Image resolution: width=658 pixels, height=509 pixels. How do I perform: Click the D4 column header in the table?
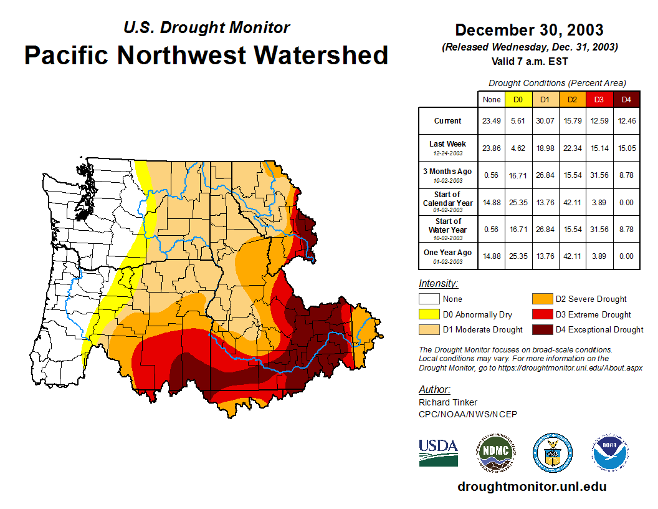(626, 99)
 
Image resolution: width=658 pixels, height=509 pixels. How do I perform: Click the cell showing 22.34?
(573, 148)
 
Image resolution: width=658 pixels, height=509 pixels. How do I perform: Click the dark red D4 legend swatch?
(541, 329)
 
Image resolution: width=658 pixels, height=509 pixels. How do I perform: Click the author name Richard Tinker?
(448, 402)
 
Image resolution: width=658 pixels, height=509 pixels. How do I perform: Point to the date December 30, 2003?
(529, 30)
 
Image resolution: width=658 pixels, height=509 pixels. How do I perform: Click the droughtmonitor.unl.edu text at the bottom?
(532, 487)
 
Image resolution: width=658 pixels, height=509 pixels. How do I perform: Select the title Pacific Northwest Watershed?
(206, 56)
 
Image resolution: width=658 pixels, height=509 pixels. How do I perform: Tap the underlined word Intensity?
(438, 284)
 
